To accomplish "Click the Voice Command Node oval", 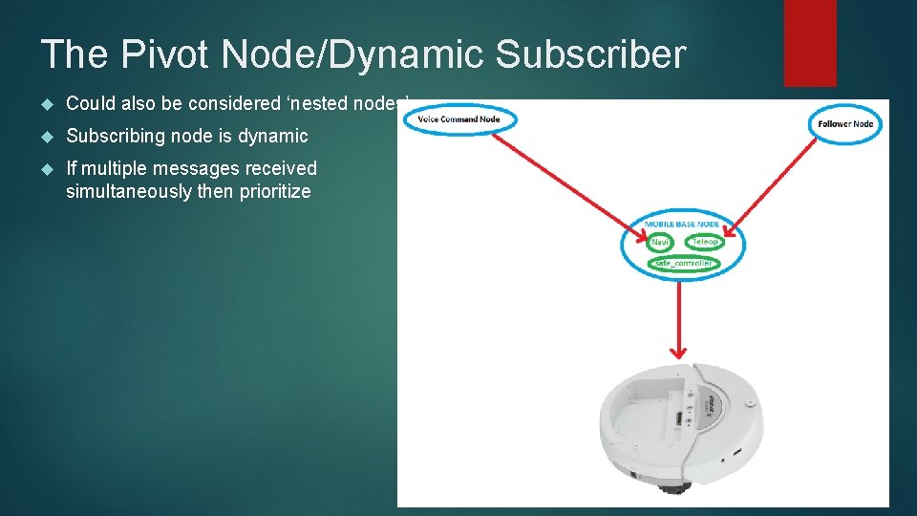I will [x=459, y=119].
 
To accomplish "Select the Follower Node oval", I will [x=846, y=124].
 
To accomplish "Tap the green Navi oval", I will [x=659, y=243].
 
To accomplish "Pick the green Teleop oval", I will [x=704, y=243].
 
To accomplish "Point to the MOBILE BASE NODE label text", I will [x=681, y=225].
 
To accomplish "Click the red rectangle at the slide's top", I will [x=809, y=42].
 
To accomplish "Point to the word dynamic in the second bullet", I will [x=272, y=136].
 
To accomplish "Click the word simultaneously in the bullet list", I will [x=121, y=191].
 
